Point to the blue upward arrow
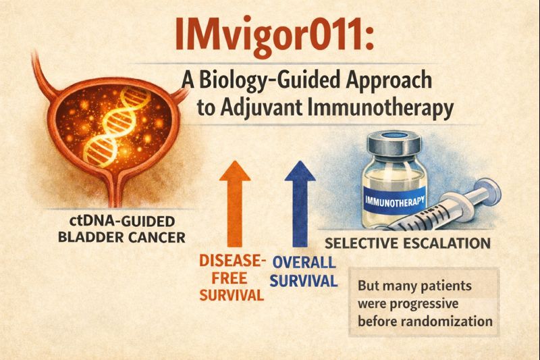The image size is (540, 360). pyautogui.click(x=300, y=203)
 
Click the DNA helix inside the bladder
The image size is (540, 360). pyautogui.click(x=116, y=126)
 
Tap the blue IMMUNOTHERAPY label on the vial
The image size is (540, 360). pyautogui.click(x=395, y=201)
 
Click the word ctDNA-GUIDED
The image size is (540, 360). pyautogui.click(x=122, y=221)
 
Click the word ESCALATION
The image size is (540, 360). pyautogui.click(x=445, y=244)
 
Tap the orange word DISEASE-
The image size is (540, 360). pyautogui.click(x=232, y=261)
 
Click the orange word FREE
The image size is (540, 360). pyautogui.click(x=230, y=278)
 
